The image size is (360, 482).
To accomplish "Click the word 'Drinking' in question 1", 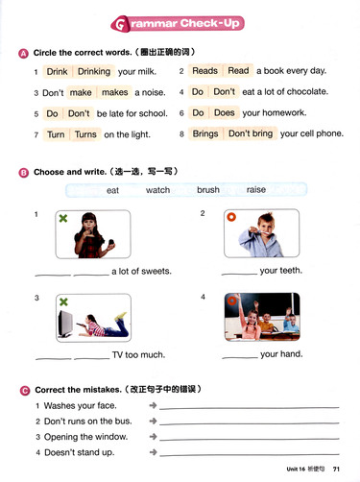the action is coord(94,71).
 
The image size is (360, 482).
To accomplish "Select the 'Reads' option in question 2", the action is coord(204,70).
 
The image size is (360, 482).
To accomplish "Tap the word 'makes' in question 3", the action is coord(114,92).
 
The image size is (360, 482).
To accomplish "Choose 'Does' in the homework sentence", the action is coord(224,112).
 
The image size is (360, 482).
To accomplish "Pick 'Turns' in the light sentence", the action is coord(85,134).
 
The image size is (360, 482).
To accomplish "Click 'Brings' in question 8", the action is coord(205,133).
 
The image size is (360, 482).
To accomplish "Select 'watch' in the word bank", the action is coord(157,190).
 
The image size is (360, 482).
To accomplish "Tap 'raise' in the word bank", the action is coord(256,190).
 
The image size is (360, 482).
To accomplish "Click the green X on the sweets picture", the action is coord(63,218).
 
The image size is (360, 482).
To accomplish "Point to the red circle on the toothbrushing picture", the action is coord(231,217).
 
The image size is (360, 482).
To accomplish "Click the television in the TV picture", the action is coord(65,324).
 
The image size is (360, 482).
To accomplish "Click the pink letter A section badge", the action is coord(23,54).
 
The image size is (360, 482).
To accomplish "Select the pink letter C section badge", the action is coord(25,391).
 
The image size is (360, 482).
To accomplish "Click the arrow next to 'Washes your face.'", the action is coord(153,405).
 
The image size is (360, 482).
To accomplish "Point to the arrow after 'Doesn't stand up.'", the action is coord(154,452).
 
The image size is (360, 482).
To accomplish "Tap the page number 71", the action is coord(336,469).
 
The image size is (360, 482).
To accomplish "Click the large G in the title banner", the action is coord(120,24).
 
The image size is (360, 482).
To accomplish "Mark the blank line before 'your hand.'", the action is coord(240,357).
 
